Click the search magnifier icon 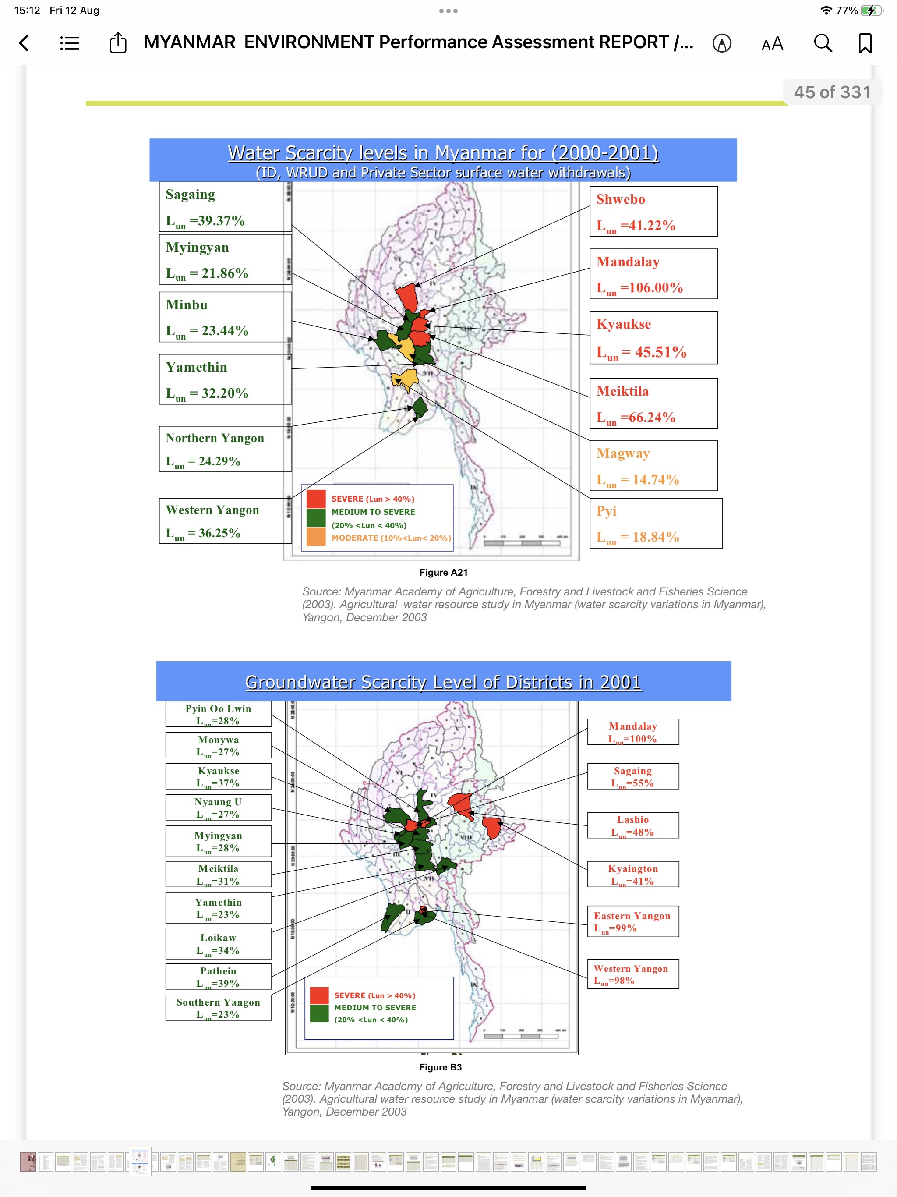(823, 43)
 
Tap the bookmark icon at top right (865, 43)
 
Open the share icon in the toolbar (118, 43)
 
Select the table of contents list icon (70, 43)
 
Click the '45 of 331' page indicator (832, 92)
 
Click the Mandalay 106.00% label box (653, 274)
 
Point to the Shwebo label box (653, 212)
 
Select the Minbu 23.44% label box (225, 317)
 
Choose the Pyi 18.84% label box (656, 523)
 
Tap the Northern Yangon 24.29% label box (225, 449)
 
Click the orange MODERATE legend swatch (316, 537)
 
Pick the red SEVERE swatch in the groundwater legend (319, 995)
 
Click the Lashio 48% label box (632, 825)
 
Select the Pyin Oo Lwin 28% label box (218, 714)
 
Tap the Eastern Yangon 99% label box (632, 921)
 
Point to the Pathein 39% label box (218, 977)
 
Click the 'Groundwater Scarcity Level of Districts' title (443, 682)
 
